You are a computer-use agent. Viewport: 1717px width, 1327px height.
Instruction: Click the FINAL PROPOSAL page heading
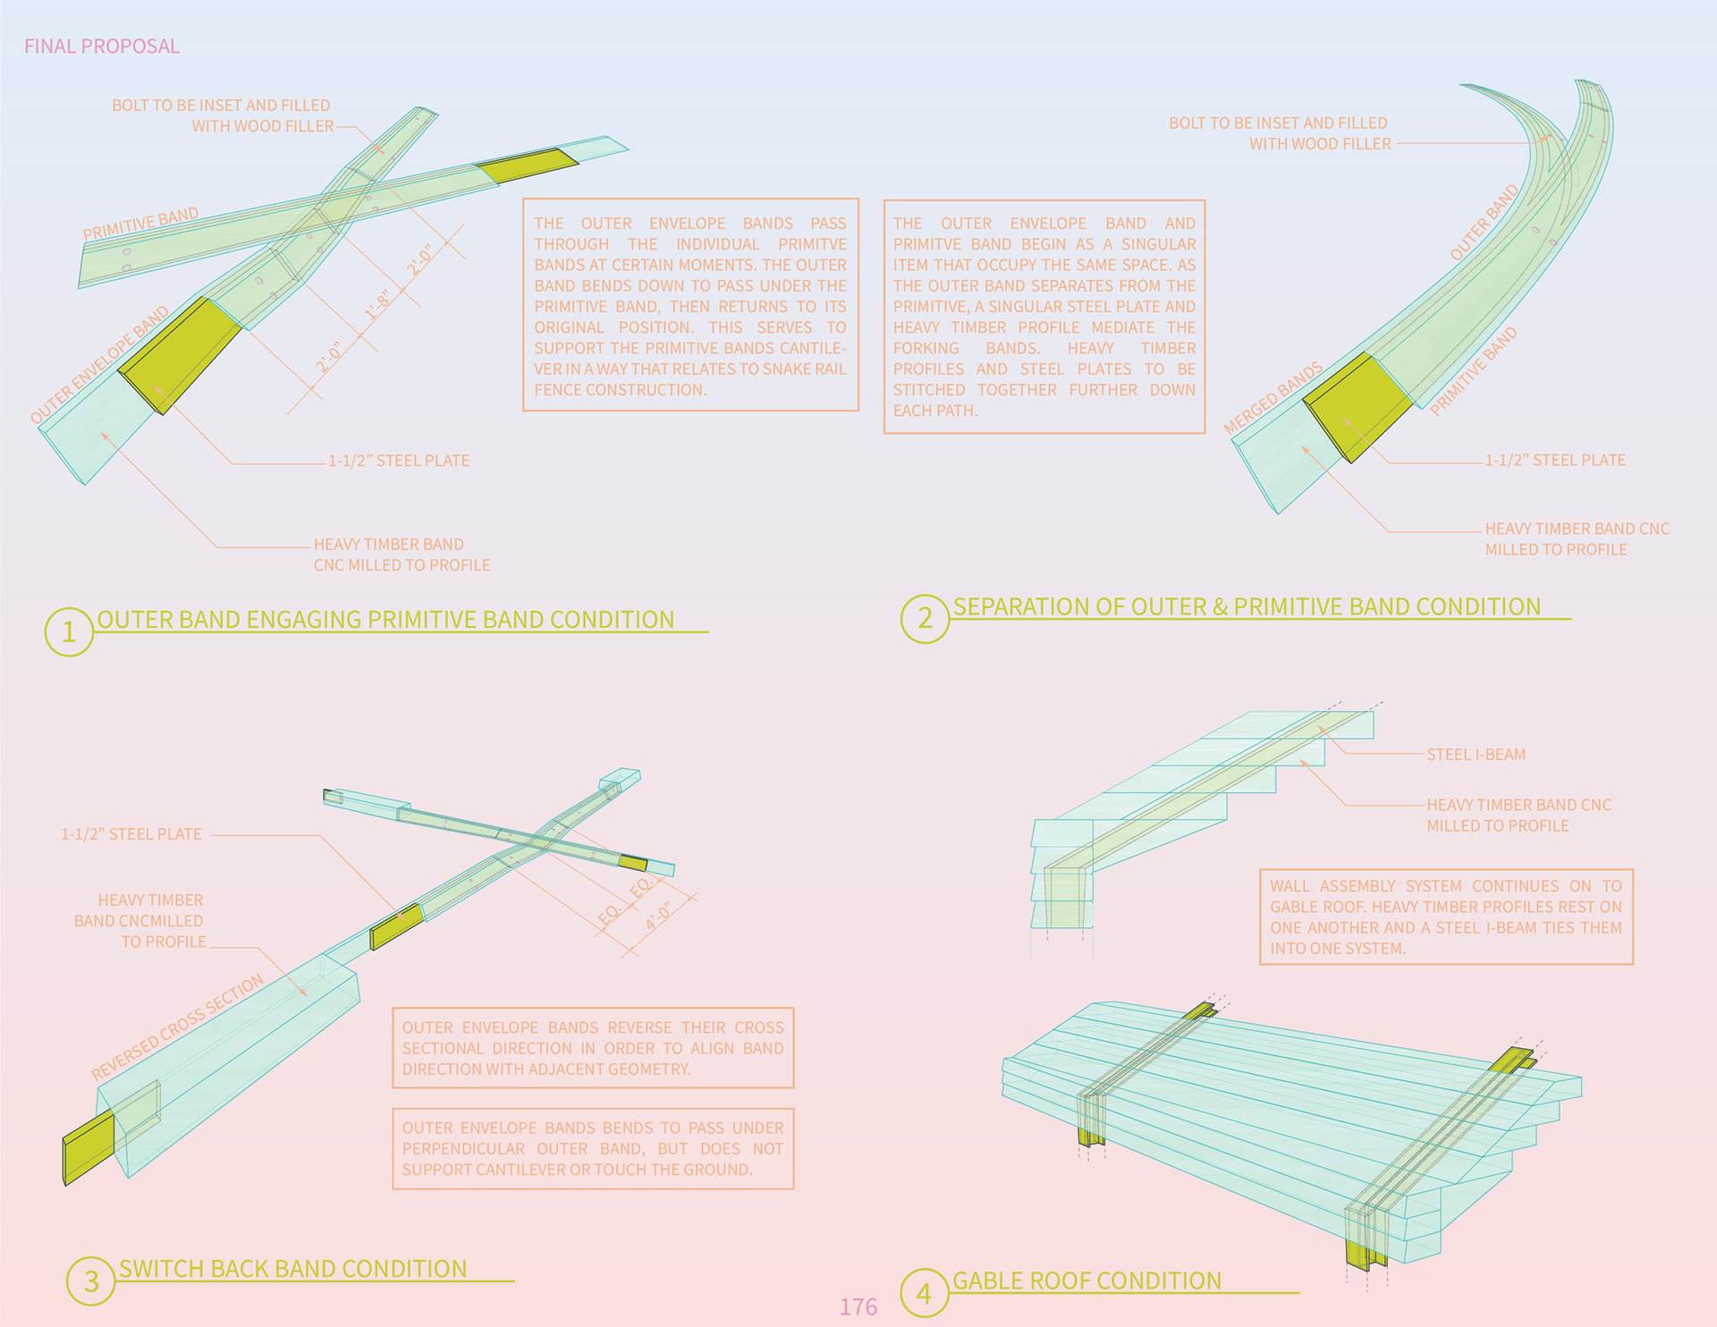(101, 46)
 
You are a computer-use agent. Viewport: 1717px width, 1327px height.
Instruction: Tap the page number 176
(858, 1306)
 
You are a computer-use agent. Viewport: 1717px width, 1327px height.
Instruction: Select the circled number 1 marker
(69, 632)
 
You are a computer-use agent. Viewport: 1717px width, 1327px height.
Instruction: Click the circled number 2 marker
(925, 618)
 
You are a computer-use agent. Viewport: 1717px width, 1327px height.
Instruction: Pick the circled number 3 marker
(91, 1281)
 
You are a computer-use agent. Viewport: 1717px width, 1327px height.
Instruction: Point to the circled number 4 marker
(924, 1293)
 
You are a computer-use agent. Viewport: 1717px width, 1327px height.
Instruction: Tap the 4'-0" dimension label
(659, 917)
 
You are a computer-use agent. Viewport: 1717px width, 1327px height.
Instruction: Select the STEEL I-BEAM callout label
(1476, 755)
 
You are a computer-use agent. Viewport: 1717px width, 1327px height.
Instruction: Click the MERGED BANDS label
(1273, 398)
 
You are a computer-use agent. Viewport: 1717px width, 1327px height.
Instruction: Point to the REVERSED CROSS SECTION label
(178, 1027)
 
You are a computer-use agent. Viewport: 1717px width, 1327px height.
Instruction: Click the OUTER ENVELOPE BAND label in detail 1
(99, 365)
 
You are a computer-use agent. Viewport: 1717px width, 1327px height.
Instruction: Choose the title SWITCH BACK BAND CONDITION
(292, 1269)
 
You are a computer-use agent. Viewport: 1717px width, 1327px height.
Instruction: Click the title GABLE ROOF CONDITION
(1087, 1281)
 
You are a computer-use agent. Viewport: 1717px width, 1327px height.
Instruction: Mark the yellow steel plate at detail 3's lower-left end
(89, 1147)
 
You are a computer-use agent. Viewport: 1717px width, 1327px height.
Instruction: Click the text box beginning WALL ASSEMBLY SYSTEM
(1445, 917)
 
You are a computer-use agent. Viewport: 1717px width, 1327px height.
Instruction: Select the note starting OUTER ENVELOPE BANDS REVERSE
(592, 1048)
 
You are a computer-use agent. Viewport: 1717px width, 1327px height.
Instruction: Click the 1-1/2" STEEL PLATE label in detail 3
(131, 834)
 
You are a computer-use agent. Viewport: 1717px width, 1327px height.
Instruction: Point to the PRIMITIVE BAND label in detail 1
(140, 224)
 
